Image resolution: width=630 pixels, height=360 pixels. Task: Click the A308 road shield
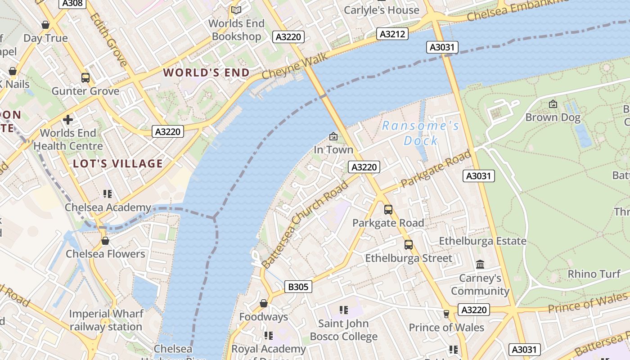tap(72, 3)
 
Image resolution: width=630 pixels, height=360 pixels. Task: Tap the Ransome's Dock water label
tap(421, 133)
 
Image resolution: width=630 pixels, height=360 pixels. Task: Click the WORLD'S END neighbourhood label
tap(206, 72)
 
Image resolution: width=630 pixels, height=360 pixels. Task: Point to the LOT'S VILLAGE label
tap(118, 163)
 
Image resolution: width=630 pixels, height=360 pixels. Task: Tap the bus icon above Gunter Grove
tap(85, 77)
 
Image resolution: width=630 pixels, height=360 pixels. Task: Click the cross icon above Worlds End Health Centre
tap(68, 120)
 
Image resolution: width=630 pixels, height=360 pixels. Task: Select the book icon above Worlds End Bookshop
tap(236, 9)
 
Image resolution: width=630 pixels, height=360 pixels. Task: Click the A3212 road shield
tap(392, 34)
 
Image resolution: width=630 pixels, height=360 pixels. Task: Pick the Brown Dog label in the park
tap(553, 117)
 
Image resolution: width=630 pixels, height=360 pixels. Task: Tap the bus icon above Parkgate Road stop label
tap(388, 210)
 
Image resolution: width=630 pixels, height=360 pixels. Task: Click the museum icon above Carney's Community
tap(480, 265)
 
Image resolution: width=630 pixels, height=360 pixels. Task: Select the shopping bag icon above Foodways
tap(264, 303)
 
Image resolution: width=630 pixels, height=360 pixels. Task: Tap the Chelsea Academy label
tap(108, 207)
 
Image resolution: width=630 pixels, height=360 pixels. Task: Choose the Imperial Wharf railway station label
tap(106, 320)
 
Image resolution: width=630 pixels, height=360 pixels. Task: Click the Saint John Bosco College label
tap(343, 330)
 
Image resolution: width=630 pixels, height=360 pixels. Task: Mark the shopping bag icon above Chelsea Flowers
tap(105, 241)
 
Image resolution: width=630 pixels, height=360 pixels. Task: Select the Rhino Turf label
tap(594, 274)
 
